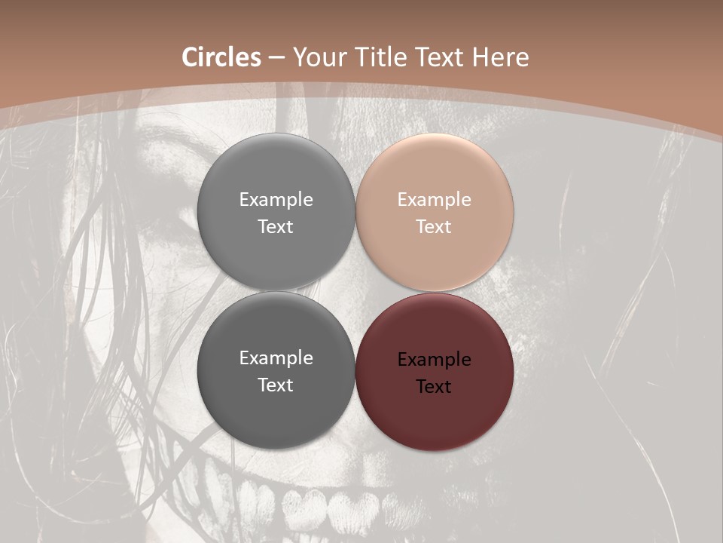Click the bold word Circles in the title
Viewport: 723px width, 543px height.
pyautogui.click(x=221, y=57)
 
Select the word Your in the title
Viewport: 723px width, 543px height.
pyautogui.click(x=317, y=57)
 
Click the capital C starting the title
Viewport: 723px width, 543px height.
pyautogui.click(x=191, y=57)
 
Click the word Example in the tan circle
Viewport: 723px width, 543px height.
pyautogui.click(x=434, y=200)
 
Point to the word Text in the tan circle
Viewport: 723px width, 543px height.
pyautogui.click(x=434, y=226)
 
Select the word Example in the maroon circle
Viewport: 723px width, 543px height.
pyautogui.click(x=434, y=360)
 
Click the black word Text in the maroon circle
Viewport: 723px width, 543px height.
pyautogui.click(x=434, y=386)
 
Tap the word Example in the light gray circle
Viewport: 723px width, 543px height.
pyautogui.click(x=276, y=200)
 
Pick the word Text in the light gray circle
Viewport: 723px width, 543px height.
pyautogui.click(x=276, y=226)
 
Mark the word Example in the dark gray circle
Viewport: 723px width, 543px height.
pyautogui.click(x=276, y=358)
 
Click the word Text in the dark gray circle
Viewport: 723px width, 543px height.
pyautogui.click(x=276, y=385)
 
